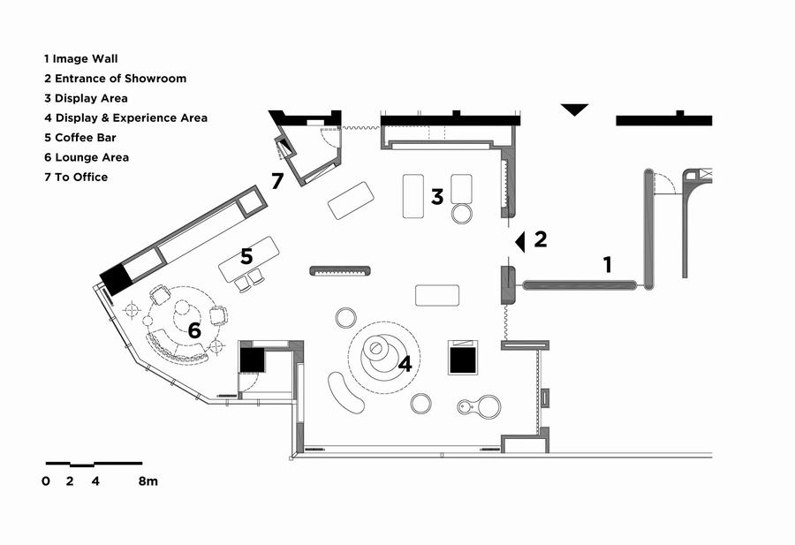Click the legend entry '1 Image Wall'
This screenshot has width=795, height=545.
pyautogui.click(x=80, y=59)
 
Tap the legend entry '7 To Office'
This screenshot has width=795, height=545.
pyautogui.click(x=76, y=177)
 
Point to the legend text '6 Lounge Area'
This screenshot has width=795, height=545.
pyautogui.click(x=86, y=157)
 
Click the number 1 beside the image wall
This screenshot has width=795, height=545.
pyautogui.click(x=607, y=264)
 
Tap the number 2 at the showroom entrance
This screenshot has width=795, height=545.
pyautogui.click(x=540, y=238)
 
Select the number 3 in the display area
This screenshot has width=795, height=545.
pyautogui.click(x=436, y=197)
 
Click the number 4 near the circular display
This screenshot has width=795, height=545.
pyautogui.click(x=405, y=363)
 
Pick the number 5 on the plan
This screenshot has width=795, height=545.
pyautogui.click(x=246, y=256)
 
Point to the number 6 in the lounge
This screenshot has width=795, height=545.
pyautogui.click(x=193, y=330)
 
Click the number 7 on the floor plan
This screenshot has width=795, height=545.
pyautogui.click(x=277, y=182)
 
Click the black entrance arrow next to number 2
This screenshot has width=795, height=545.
pyautogui.click(x=521, y=240)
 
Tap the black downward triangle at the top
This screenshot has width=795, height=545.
pyautogui.click(x=574, y=110)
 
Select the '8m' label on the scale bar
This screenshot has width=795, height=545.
pyautogui.click(x=148, y=481)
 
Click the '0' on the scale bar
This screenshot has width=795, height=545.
pyautogui.click(x=45, y=481)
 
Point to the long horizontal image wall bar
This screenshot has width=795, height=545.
pyautogui.click(x=579, y=284)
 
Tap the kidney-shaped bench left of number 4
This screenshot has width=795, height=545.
pyautogui.click(x=345, y=392)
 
